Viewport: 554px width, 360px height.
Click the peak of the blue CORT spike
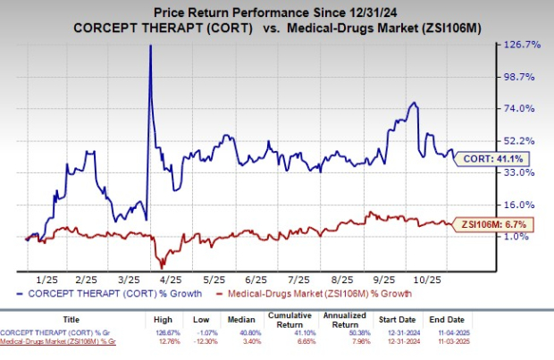(150, 46)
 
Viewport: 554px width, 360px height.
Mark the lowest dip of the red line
(162, 266)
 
